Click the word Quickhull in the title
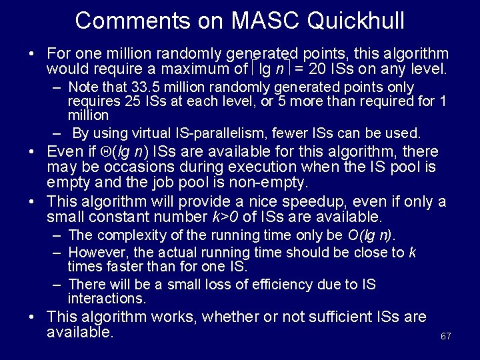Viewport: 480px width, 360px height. pyautogui.click(x=355, y=21)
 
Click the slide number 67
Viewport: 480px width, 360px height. pyautogui.click(x=446, y=336)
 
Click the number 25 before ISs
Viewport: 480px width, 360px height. pyautogui.click(x=133, y=101)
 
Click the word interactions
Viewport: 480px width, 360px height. pyautogui.click(x=107, y=299)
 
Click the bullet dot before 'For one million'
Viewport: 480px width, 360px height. pyautogui.click(x=32, y=53)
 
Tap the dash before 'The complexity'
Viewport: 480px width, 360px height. pyautogui.click(x=57, y=235)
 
